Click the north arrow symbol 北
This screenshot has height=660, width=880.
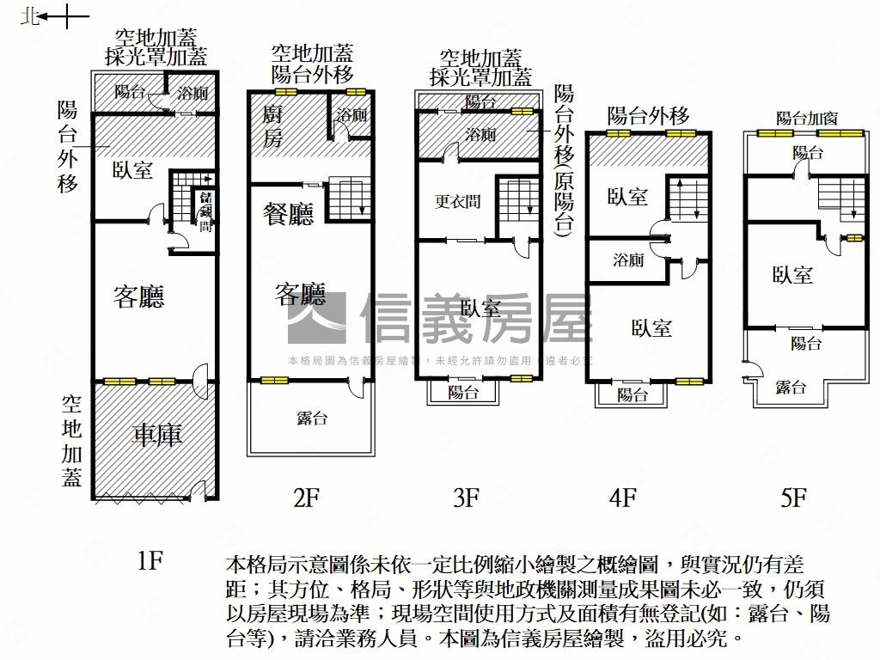point(31,16)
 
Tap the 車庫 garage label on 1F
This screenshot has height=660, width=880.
point(156,435)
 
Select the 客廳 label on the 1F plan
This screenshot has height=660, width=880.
point(138,297)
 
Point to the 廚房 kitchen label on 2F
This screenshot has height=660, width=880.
point(272,125)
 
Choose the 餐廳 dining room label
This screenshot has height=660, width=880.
point(288,214)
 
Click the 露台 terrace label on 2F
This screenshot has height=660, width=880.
point(311,419)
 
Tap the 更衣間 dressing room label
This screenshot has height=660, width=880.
point(457,203)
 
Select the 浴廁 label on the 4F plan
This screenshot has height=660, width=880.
point(628,260)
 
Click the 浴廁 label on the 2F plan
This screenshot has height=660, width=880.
point(352,114)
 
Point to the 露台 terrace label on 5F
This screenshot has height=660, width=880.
point(791,388)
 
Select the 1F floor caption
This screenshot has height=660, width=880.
point(150,561)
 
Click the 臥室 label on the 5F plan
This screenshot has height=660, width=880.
point(791,275)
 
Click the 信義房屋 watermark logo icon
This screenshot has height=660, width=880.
point(316,319)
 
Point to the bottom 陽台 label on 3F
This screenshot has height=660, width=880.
point(464,393)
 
